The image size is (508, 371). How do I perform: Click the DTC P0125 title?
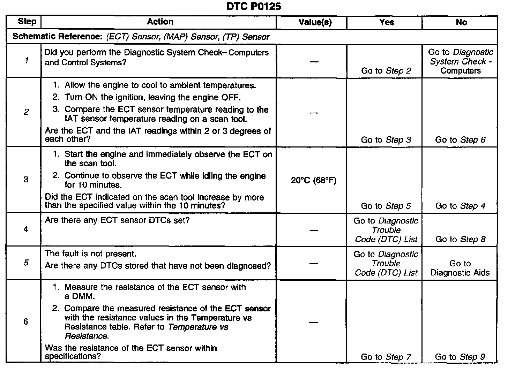[x=253, y=7]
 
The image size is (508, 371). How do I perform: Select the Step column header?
[x=27, y=22]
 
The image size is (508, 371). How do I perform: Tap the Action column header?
[x=160, y=22]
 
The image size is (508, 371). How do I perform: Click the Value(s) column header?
[x=315, y=22]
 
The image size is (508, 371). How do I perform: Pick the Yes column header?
[x=387, y=22]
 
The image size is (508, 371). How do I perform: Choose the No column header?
[x=461, y=22]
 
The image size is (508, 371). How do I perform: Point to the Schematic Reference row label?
[x=58, y=37]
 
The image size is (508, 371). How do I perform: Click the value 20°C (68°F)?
[x=313, y=180]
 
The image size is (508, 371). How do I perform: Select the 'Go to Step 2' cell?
[x=386, y=71]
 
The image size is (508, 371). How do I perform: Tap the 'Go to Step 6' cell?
[x=460, y=140]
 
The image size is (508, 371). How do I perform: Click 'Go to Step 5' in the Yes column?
[x=386, y=206]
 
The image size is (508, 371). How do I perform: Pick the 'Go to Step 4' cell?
[x=460, y=206]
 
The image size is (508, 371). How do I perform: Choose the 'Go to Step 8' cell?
[x=460, y=239]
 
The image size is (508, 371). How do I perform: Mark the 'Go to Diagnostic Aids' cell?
[x=460, y=268]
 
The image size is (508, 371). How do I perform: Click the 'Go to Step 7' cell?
[x=386, y=357]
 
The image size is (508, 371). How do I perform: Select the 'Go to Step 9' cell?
[x=460, y=357]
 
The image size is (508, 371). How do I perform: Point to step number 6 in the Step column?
[x=26, y=321]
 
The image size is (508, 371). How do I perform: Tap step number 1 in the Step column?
[x=26, y=61]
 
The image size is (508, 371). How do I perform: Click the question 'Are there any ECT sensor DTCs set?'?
[x=117, y=220]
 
